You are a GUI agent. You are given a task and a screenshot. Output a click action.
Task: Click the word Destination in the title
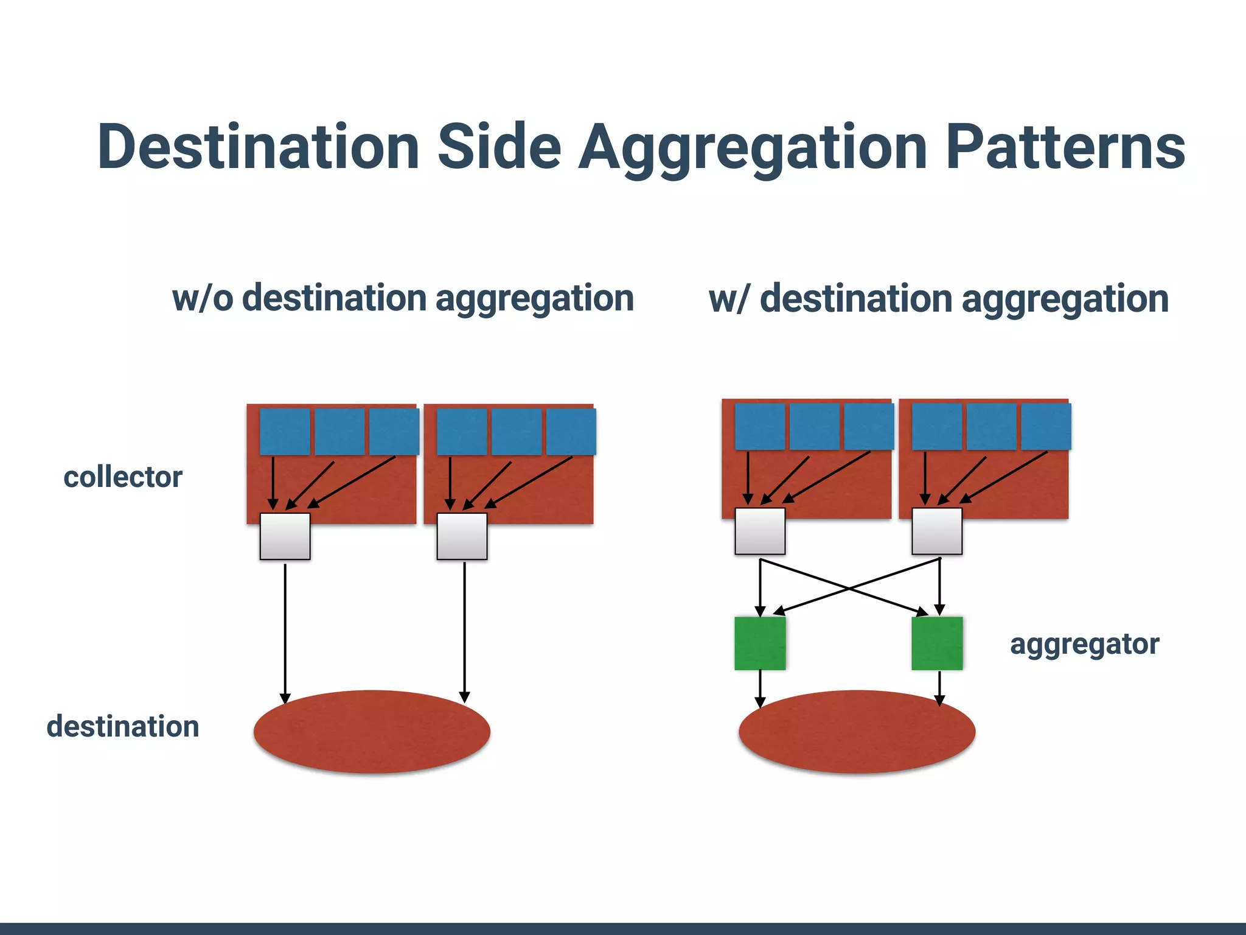coord(258,147)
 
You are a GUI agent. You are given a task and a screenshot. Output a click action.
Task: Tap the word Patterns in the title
coord(1065,147)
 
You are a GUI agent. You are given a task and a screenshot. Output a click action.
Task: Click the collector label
coord(123,477)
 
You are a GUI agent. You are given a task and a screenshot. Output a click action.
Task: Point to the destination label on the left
coord(123,726)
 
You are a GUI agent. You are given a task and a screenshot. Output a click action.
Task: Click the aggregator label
coord(1084,644)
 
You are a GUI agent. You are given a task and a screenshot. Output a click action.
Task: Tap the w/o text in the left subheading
coord(203,298)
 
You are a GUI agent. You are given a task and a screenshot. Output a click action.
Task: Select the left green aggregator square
coord(760,643)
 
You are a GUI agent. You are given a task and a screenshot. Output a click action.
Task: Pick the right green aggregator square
coord(937,643)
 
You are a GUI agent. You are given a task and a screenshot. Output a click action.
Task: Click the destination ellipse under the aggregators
coord(857,732)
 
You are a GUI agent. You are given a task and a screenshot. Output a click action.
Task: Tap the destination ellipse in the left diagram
coord(372,732)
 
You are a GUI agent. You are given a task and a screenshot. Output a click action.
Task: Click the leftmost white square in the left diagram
coord(285,536)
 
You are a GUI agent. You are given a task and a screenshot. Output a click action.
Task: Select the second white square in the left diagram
coord(462,536)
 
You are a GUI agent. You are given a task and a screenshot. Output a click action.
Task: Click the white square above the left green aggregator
coord(760,531)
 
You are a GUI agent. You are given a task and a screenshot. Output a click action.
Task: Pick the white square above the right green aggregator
coord(937,531)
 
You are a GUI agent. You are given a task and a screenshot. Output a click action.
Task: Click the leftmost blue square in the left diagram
coord(285,432)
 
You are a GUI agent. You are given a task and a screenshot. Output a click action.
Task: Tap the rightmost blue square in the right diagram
coord(1046,427)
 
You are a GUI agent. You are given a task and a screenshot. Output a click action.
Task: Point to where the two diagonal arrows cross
coord(849,588)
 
